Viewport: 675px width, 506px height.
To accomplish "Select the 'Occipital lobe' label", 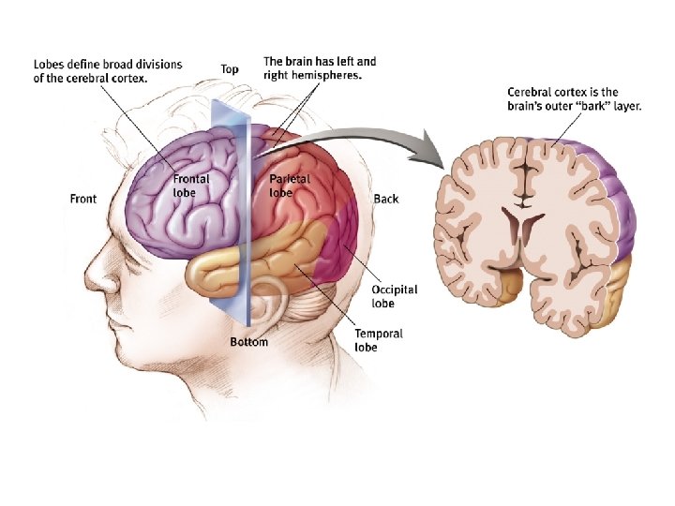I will pos(395,296).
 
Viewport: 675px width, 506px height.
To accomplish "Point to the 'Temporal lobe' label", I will pos(378,339).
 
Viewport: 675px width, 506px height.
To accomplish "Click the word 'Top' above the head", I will pos(230,68).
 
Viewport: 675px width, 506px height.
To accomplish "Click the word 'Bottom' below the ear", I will pos(248,342).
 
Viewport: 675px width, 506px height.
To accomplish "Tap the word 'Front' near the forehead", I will pos(84,199).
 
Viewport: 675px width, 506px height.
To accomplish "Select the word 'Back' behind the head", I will pos(386,199).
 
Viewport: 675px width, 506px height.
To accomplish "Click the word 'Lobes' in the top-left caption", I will pos(50,64).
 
